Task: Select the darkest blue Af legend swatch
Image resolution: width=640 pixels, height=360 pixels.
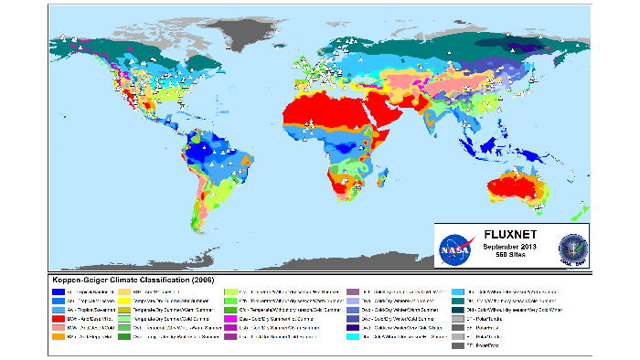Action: [59, 289]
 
